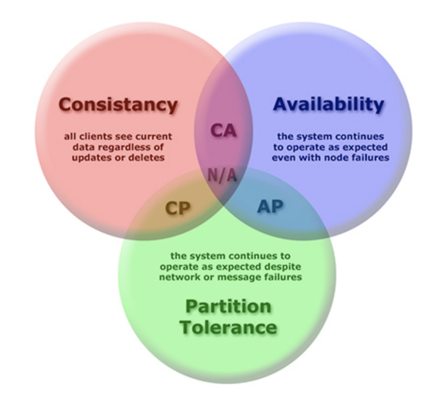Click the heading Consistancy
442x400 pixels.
pos(118,104)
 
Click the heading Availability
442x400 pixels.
pos(328,104)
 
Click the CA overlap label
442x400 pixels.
pos(223,130)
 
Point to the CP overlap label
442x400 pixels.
pos(177,207)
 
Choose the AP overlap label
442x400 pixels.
pos(270,206)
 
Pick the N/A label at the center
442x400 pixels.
pos(222,175)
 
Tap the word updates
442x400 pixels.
pos(91,157)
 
